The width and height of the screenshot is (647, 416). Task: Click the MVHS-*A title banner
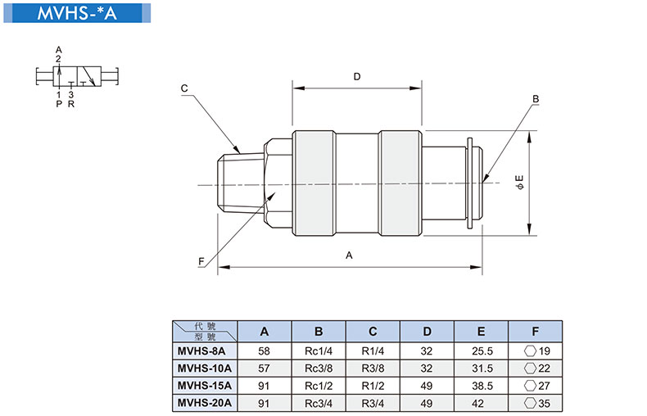(x=77, y=13)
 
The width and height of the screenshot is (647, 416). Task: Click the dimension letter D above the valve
(x=357, y=77)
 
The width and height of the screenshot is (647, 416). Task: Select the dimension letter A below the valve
(x=349, y=255)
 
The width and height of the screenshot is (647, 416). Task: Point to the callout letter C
(x=184, y=88)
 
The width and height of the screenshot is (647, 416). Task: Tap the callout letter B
(x=536, y=99)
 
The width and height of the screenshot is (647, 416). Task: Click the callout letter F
(x=201, y=262)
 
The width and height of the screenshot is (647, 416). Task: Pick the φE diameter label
(x=519, y=182)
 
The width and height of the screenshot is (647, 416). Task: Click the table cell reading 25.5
(x=482, y=351)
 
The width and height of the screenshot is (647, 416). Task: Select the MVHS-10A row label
(x=205, y=369)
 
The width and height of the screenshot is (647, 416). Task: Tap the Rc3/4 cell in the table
(x=319, y=403)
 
